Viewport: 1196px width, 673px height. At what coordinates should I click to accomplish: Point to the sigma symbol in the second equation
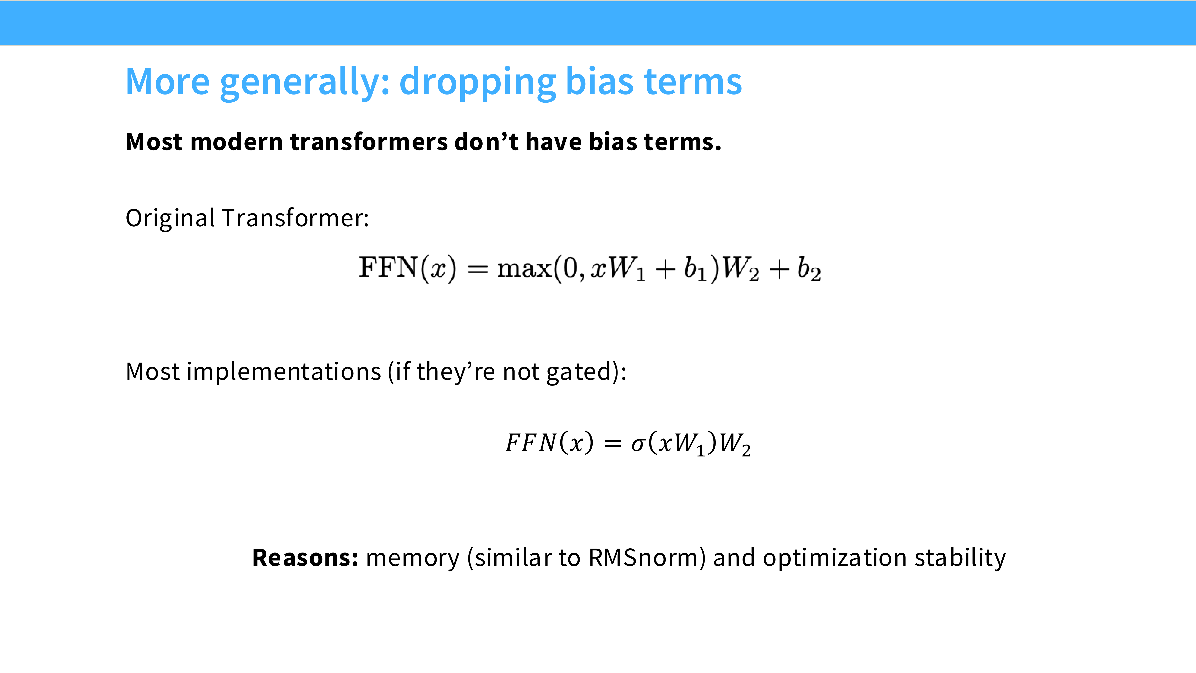(638, 443)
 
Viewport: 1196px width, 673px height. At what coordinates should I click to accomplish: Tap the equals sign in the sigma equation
(613, 443)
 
